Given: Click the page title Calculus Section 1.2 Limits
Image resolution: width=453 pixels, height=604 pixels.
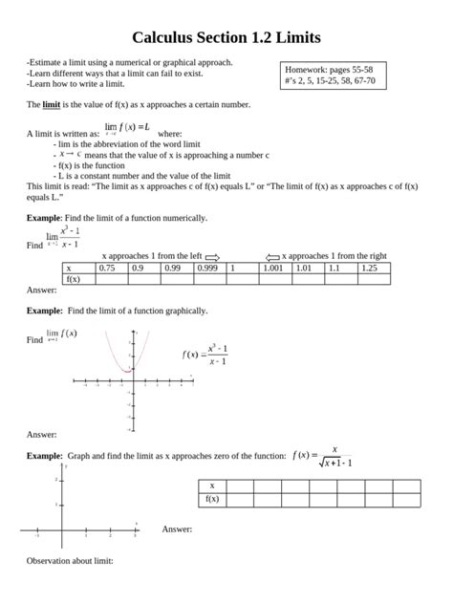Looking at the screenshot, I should [x=226, y=37].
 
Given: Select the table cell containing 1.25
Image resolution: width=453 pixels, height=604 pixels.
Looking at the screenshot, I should [x=368, y=269].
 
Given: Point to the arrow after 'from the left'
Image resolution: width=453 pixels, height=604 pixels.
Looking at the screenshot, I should [x=212, y=257].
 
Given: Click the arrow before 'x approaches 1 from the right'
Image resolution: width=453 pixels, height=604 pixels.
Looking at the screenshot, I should [x=272, y=257].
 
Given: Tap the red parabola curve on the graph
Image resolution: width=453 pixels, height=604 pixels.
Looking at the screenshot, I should [x=122, y=358].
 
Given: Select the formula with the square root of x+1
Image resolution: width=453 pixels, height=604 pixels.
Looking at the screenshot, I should [x=323, y=456].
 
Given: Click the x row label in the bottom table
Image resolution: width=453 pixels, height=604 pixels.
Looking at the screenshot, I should [x=211, y=485].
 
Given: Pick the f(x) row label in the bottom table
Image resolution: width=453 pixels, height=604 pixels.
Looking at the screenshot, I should [x=211, y=499].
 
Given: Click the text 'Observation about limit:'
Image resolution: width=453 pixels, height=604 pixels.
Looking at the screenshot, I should [x=70, y=560].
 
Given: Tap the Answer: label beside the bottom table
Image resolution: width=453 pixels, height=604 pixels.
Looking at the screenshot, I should [x=177, y=528].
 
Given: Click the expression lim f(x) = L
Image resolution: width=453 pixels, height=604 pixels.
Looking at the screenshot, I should [x=126, y=127].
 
